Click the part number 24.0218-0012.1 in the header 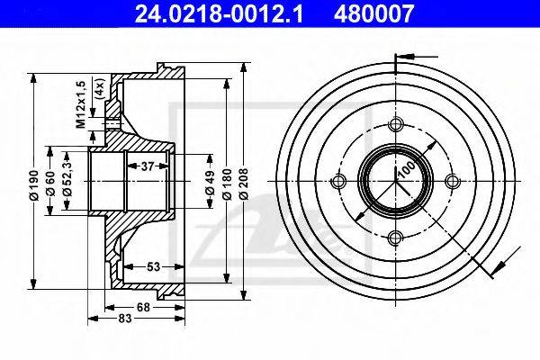[x=219, y=13]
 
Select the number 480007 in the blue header [x=373, y=13]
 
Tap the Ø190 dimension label [x=34, y=184]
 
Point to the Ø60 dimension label [x=50, y=183]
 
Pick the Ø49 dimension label [x=210, y=182]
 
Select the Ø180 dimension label [x=226, y=184]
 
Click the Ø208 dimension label [x=244, y=184]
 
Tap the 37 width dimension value [x=148, y=166]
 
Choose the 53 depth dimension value [x=153, y=266]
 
